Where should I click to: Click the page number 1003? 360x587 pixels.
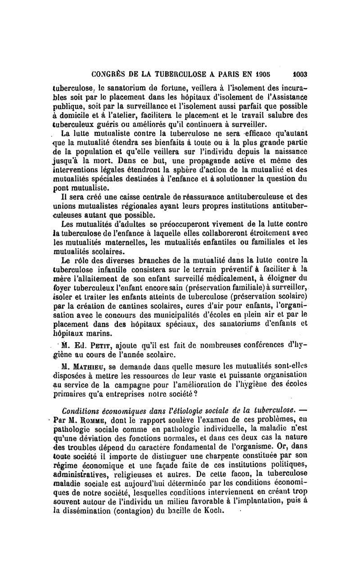coord(299,75)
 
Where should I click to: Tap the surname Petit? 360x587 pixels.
coord(102,347)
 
